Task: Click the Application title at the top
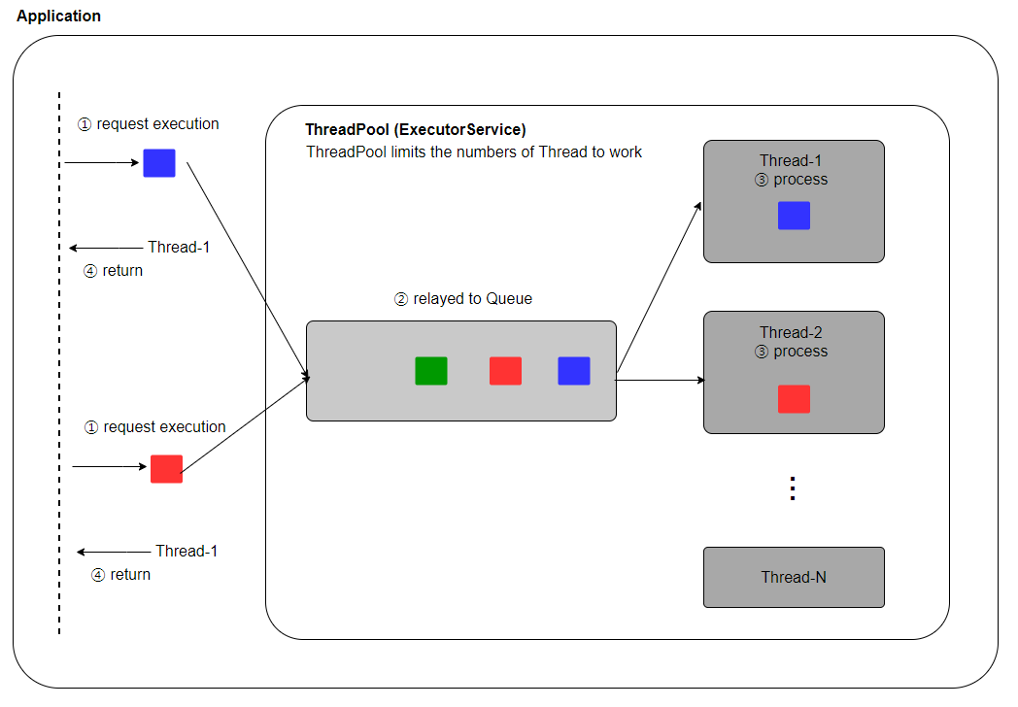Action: (58, 17)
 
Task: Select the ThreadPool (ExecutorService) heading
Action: (416, 129)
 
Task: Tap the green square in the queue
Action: (431, 371)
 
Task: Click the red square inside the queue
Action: (505, 371)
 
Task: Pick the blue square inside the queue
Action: (574, 371)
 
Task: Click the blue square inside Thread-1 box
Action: (794, 216)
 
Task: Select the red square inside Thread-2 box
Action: (794, 399)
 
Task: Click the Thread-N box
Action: (794, 577)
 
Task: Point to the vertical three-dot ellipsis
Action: (793, 488)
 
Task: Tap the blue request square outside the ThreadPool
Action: (159, 163)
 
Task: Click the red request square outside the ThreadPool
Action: (166, 469)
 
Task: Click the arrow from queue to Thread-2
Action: (661, 380)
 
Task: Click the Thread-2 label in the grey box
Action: (793, 333)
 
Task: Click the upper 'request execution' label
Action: (149, 124)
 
